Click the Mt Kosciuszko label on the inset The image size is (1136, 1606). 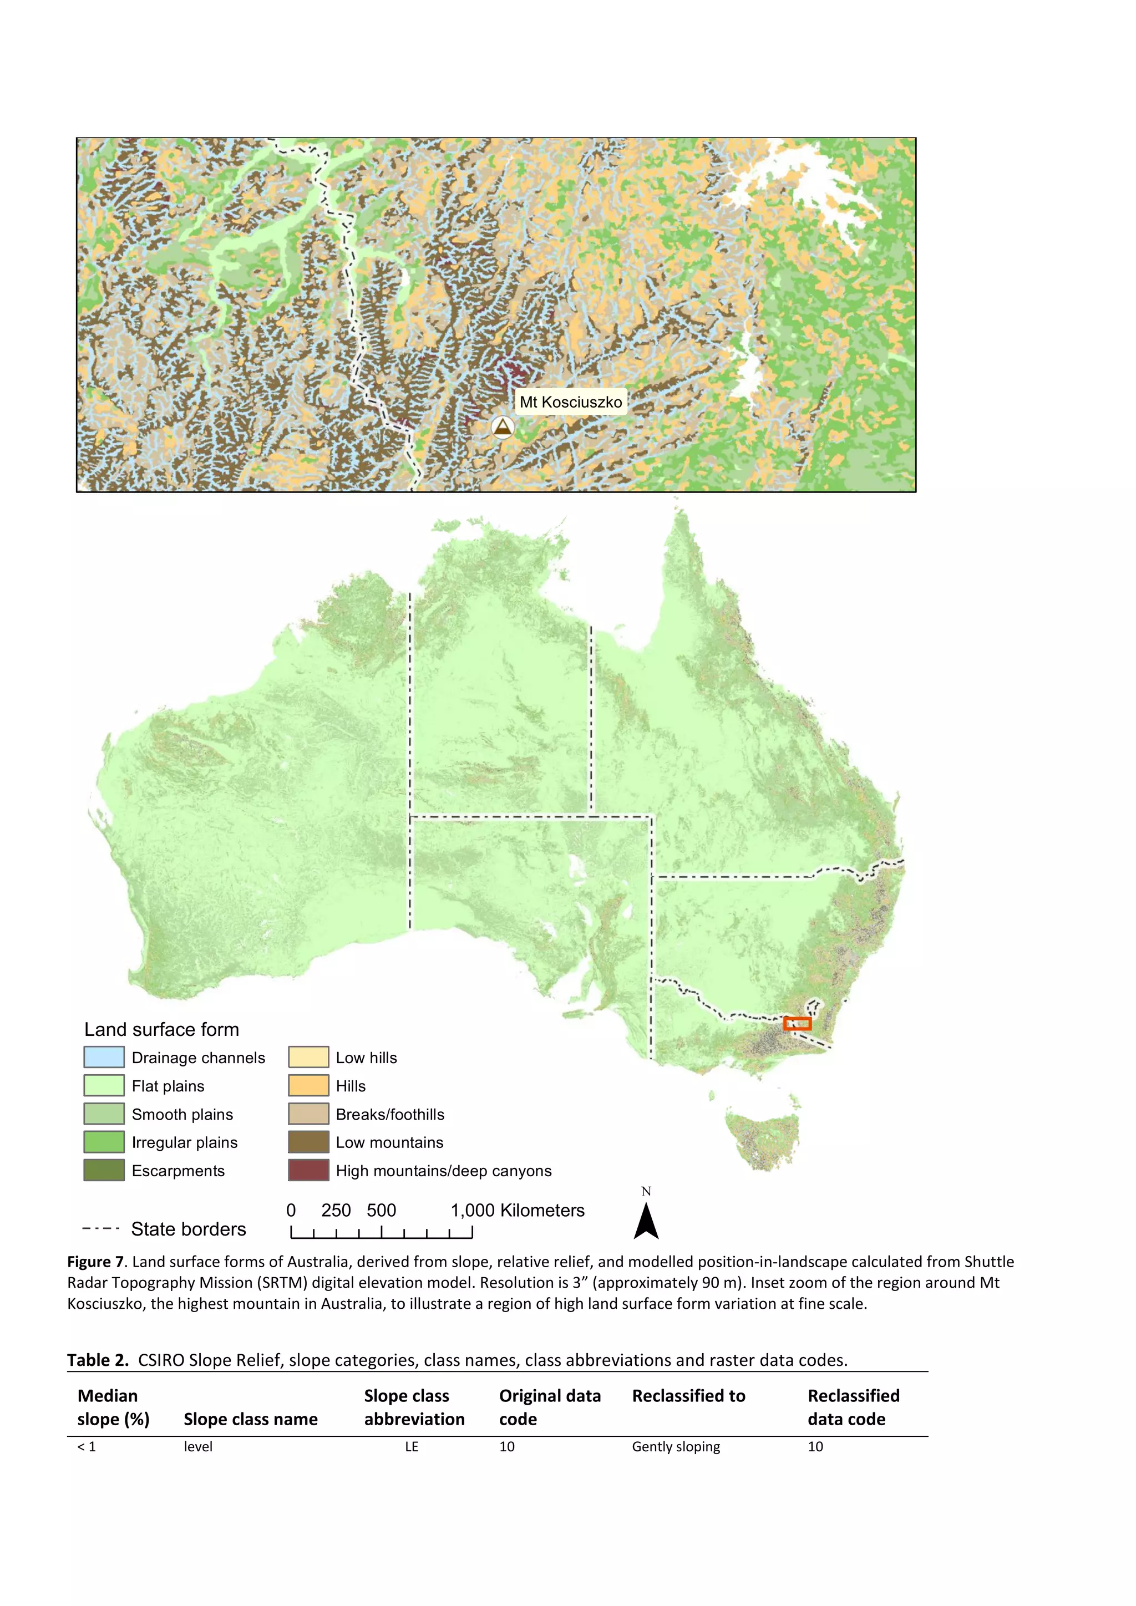tap(570, 402)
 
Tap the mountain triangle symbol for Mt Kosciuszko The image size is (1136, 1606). tap(502, 426)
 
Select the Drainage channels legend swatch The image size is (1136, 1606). tap(104, 1057)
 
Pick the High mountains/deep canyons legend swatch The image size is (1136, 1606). tap(308, 1170)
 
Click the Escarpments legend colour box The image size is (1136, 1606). tap(104, 1170)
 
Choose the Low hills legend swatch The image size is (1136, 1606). tap(308, 1057)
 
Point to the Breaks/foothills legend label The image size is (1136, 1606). tap(389, 1114)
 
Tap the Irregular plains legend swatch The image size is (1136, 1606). tap(104, 1142)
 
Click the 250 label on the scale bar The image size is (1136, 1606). tap(336, 1211)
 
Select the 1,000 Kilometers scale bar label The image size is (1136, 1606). tap(517, 1211)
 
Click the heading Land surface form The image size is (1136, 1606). tap(161, 1030)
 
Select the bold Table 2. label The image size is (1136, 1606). tap(98, 1360)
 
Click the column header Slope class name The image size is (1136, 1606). tap(250, 1419)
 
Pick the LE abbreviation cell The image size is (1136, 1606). tap(412, 1446)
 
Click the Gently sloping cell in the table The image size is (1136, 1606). tap(676, 1446)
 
